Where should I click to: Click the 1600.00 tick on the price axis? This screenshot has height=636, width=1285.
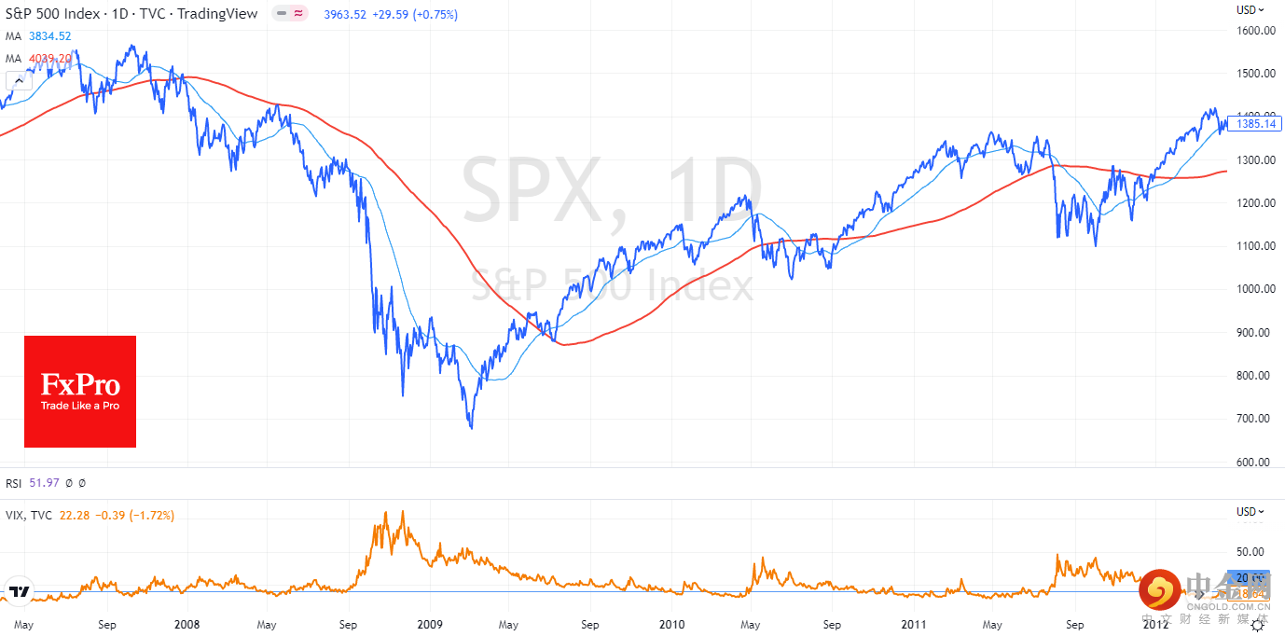[x=1256, y=30]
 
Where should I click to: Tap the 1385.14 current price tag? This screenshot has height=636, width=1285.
[x=1255, y=123]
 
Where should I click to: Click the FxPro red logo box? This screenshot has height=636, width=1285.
[x=80, y=392]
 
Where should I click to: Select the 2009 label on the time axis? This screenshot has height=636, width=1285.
[x=430, y=624]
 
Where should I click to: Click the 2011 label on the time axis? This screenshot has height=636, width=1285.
[x=915, y=624]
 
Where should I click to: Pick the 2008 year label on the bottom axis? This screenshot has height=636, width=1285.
[x=187, y=624]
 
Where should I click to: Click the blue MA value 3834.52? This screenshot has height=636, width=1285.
[x=49, y=36]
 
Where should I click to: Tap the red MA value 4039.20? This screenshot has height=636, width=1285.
[x=49, y=59]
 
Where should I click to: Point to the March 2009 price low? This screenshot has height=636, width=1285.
[x=471, y=428]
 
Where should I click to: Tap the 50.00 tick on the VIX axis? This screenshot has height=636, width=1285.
[x=1250, y=551]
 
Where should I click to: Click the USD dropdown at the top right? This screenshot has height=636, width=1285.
[x=1250, y=10]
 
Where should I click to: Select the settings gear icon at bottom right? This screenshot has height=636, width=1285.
[x=1257, y=625]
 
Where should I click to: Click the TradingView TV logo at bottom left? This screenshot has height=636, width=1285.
[x=18, y=591]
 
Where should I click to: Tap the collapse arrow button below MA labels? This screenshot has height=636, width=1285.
[x=18, y=81]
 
